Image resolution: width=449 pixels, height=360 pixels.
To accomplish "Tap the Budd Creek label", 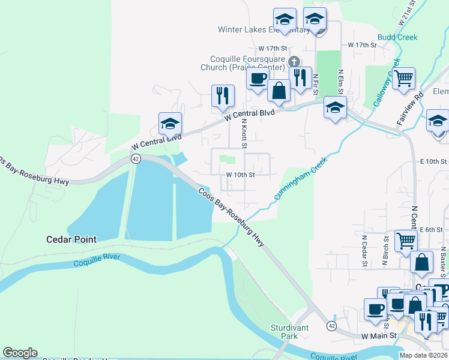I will click(x=398, y=37).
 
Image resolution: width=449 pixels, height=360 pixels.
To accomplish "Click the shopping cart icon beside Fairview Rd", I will click(x=403, y=77).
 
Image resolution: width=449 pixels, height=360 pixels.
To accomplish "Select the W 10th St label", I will click(x=241, y=175).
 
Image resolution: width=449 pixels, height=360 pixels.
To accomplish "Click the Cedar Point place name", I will click(x=71, y=239).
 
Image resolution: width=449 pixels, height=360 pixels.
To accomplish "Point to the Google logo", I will click(x=20, y=353).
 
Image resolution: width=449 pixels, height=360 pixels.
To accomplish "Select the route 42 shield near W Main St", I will click(x=331, y=325).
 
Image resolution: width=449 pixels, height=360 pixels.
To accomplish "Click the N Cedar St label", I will click(x=364, y=245).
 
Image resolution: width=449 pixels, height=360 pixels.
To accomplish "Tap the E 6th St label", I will click(x=431, y=230).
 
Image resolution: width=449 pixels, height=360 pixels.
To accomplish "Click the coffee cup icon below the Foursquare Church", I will click(x=258, y=79).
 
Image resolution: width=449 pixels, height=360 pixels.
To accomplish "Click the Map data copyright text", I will click(x=424, y=355).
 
